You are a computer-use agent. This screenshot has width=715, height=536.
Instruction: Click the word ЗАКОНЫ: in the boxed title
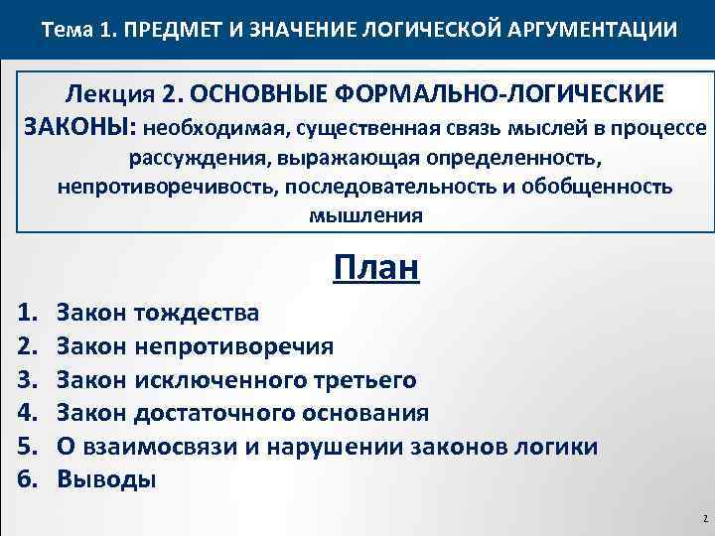coord(79,127)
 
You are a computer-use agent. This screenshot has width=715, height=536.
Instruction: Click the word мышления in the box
coord(364,214)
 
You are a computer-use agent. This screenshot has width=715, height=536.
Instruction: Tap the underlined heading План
coord(376,266)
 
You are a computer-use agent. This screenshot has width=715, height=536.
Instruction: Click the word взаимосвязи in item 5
coord(156,446)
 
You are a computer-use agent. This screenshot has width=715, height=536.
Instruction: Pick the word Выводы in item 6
coord(106,479)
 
